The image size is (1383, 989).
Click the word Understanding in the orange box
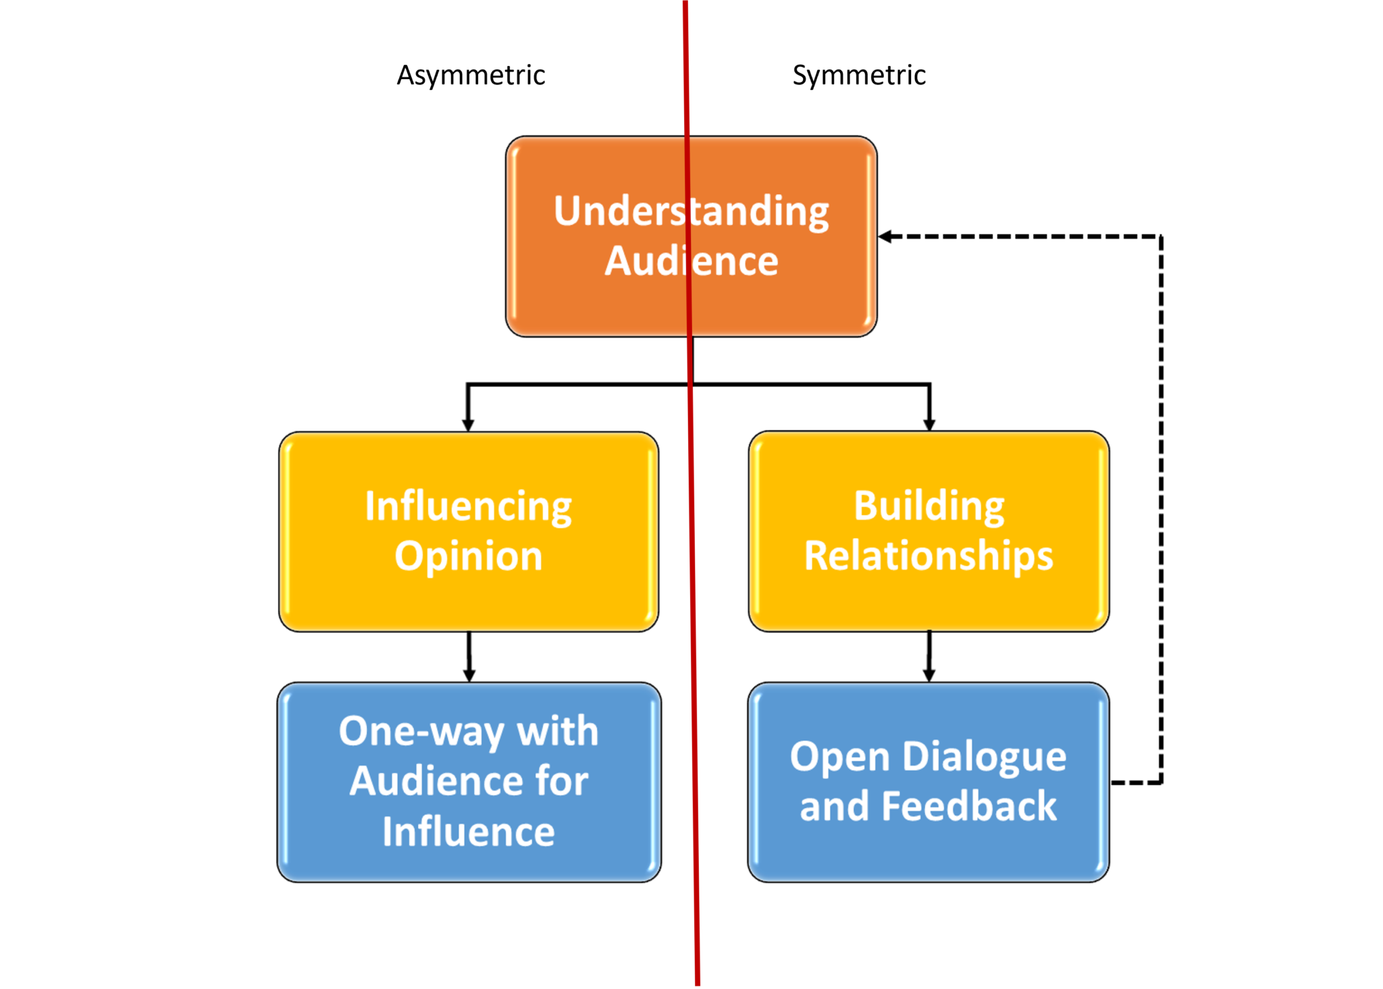click(x=691, y=211)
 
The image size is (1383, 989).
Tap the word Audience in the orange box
click(x=691, y=261)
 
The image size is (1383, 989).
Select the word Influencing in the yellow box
click(x=468, y=506)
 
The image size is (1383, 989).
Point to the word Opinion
click(x=468, y=556)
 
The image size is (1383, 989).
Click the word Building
click(x=929, y=506)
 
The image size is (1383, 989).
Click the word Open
click(x=839, y=756)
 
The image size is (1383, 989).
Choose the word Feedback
click(x=969, y=806)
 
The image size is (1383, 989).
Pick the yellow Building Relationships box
click(x=929, y=601)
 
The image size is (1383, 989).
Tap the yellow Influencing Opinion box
click(x=468, y=601)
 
